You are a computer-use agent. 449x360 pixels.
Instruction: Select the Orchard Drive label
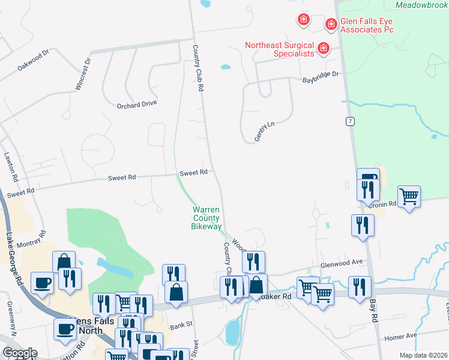pos(137,103)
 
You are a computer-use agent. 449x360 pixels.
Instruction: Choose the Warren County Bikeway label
pos(205,218)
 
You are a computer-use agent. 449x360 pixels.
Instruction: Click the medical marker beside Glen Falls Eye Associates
pos(330,24)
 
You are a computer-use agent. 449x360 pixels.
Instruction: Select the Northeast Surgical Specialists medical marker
pos(324,48)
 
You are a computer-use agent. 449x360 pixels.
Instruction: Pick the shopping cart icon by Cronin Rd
pos(409,196)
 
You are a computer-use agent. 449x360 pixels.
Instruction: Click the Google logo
pos(20,353)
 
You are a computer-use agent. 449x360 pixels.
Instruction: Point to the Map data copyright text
pos(423,355)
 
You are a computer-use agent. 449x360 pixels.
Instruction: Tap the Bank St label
pos(179,326)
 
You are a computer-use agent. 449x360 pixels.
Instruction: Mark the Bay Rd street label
pos(373,310)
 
